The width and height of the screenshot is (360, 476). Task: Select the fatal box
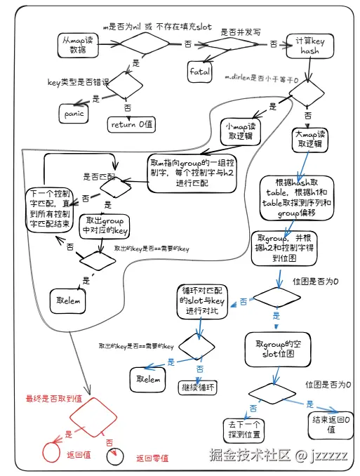[200, 71]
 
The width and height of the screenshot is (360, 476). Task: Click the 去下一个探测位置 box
[244, 429]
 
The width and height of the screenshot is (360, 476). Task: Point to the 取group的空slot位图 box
[274, 348]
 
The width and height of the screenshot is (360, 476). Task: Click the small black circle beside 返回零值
[114, 458]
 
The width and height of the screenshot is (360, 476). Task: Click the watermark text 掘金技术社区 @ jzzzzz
[279, 455]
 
